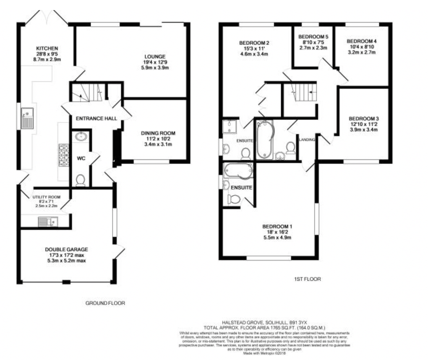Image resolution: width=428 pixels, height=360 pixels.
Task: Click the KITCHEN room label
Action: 47,48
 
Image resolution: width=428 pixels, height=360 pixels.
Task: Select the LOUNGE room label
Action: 155,56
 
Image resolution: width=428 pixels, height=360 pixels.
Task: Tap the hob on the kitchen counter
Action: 64,155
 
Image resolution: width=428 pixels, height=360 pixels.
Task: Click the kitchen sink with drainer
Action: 28,118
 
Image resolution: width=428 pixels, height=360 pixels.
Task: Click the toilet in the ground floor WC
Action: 80,180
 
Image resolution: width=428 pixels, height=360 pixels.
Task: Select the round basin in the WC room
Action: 80,136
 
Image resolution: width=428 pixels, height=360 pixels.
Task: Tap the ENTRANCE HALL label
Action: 96,119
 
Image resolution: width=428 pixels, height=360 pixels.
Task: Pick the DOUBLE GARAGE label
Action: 67,249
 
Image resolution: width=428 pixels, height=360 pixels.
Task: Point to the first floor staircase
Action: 305,92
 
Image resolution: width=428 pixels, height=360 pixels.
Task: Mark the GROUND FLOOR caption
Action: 105,303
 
